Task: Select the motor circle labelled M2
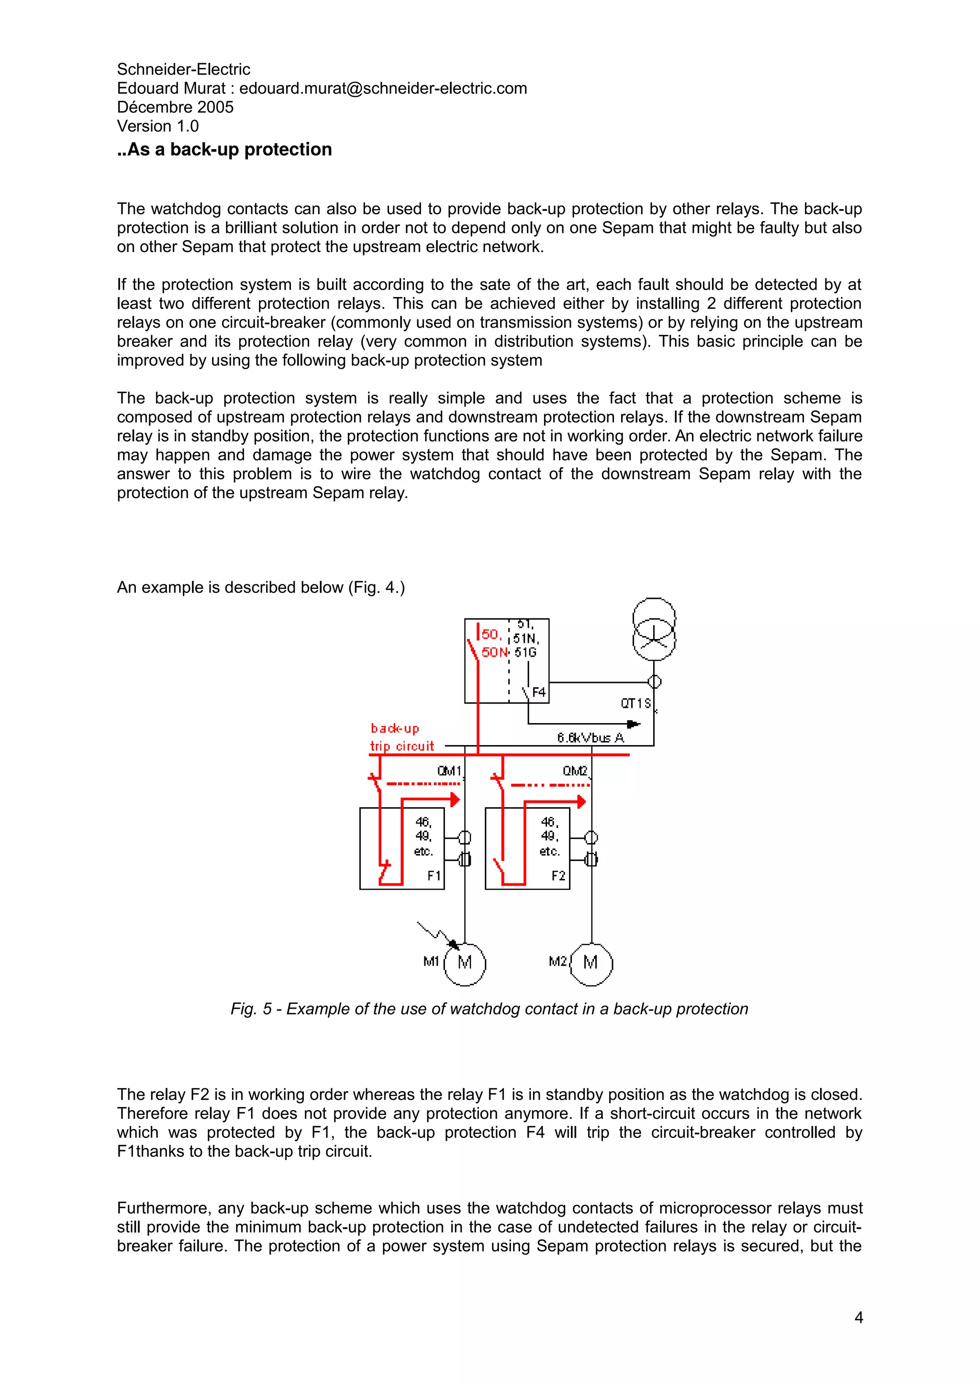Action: (591, 962)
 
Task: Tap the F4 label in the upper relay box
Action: (539, 693)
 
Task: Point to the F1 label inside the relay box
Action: (434, 875)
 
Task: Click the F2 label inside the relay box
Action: (558, 875)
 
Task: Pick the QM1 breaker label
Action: (449, 771)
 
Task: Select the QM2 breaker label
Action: (575, 771)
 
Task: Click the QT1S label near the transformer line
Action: (636, 703)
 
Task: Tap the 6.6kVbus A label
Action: (590, 737)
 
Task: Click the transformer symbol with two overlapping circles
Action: (654, 629)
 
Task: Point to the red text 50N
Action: (494, 652)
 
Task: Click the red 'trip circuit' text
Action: (402, 746)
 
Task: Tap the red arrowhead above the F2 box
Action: (581, 802)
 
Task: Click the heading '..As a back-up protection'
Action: (224, 149)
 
